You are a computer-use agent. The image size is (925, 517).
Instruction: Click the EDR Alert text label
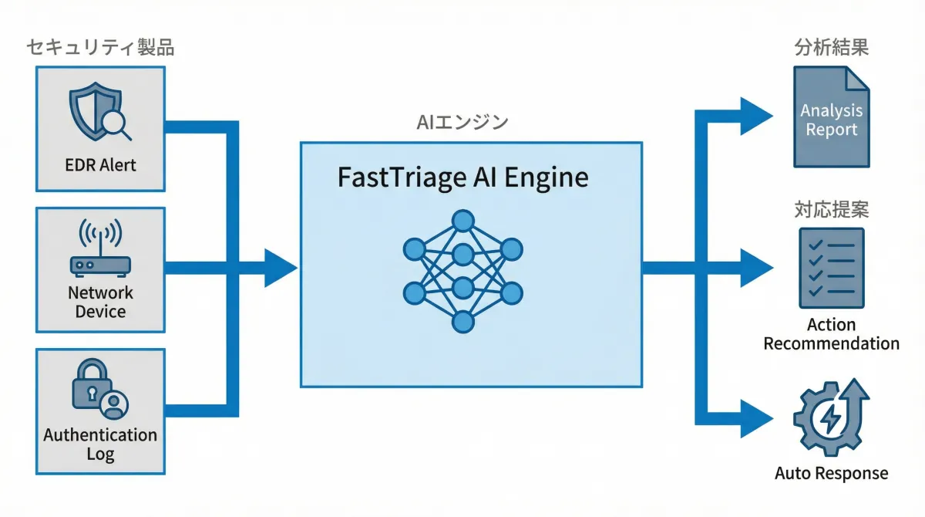(101, 165)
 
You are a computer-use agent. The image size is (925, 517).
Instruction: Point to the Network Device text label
(100, 302)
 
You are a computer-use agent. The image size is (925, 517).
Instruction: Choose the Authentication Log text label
(100, 444)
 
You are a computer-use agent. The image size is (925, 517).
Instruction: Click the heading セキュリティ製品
(100, 48)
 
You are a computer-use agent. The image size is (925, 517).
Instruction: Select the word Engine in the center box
(549, 178)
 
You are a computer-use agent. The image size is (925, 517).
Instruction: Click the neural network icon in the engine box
(462, 269)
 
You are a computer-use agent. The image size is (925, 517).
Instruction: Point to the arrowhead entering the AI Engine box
(281, 268)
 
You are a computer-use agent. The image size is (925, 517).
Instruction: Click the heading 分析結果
(832, 48)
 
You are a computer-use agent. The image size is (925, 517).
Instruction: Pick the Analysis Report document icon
(832, 117)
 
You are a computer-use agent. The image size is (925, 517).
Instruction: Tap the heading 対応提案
(832, 209)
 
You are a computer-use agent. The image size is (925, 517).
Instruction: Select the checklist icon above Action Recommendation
(832, 268)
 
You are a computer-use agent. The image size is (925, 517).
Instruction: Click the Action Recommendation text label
(832, 334)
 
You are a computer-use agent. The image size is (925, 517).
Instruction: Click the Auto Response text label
(832, 473)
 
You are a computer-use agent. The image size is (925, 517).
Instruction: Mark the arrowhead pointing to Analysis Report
(756, 116)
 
